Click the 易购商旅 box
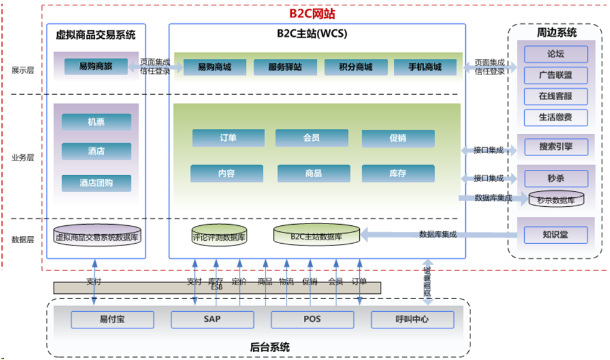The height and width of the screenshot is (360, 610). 96,67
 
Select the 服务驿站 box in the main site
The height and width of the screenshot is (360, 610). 285,67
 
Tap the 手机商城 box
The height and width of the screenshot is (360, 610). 425,67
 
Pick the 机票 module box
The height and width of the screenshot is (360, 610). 96,122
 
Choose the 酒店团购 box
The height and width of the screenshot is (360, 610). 96,183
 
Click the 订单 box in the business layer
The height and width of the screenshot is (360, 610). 228,138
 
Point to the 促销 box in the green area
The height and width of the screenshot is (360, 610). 398,138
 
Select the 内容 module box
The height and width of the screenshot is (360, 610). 227,173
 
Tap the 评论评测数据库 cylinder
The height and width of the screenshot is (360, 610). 219,235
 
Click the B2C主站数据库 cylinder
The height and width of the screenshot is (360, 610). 317,235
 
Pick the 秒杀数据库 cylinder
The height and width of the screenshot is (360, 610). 556,199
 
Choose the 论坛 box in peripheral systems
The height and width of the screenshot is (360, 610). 556,54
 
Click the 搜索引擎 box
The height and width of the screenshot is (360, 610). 556,147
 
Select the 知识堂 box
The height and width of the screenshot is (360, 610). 556,235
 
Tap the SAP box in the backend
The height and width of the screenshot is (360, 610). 213,319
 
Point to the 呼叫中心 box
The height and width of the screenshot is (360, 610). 412,319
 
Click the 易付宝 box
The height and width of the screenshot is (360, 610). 113,319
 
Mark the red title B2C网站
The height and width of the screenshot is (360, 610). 312,14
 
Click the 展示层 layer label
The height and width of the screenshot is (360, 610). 23,70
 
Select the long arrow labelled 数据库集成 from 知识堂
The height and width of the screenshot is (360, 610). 439,235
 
